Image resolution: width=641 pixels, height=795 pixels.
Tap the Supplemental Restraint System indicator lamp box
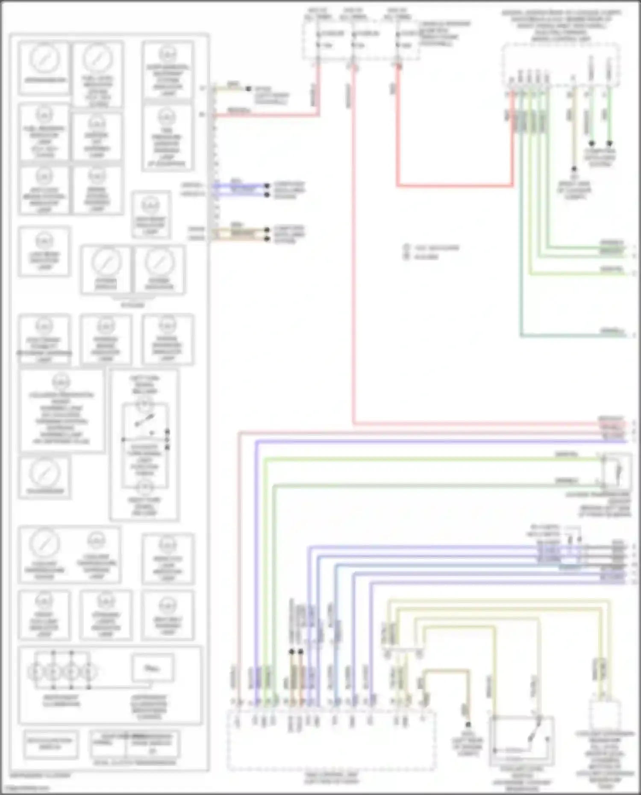[x=168, y=70]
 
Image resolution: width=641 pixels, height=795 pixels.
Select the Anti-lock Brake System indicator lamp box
[x=44, y=190]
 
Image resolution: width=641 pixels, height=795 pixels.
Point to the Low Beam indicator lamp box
[x=44, y=252]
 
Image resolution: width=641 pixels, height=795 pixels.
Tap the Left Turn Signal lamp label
[x=144, y=384]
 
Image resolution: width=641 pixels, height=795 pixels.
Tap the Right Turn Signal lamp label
[x=144, y=506]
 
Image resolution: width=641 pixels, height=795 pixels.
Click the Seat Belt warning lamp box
[x=168, y=615]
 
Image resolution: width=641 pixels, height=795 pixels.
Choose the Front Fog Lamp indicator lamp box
[x=44, y=615]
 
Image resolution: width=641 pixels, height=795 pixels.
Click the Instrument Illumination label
[x=61, y=700]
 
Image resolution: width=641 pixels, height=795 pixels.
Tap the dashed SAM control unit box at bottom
[x=331, y=741]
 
